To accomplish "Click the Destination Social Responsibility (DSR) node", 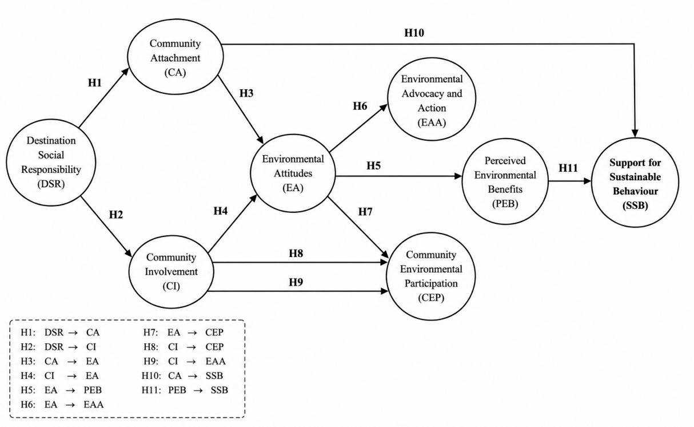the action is pyautogui.click(x=51, y=163).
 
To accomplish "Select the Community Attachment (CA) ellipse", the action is pyautogui.click(x=175, y=57).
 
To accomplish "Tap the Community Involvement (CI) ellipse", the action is pyautogui.click(x=171, y=272).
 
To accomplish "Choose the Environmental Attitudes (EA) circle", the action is pyautogui.click(x=293, y=173).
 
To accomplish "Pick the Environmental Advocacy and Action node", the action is pyautogui.click(x=432, y=99).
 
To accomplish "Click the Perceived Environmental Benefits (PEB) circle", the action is pyautogui.click(x=505, y=181).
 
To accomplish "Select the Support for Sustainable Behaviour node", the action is pyautogui.click(x=635, y=183).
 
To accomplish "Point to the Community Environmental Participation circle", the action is pyautogui.click(x=431, y=276).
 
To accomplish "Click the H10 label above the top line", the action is pyautogui.click(x=414, y=33).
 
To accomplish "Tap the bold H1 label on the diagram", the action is pyautogui.click(x=95, y=83).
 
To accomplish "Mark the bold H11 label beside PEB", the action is pyautogui.click(x=568, y=168).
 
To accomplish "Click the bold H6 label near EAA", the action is pyautogui.click(x=360, y=106).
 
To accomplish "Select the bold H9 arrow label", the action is pyautogui.click(x=296, y=282).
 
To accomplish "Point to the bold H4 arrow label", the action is pyautogui.click(x=221, y=211).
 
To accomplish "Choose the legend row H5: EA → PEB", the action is pyautogui.click(x=61, y=390).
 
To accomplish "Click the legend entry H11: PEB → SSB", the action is pyautogui.click(x=185, y=390).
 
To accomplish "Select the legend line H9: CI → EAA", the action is pyautogui.click(x=185, y=361).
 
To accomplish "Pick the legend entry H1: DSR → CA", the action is pyautogui.click(x=60, y=333).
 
